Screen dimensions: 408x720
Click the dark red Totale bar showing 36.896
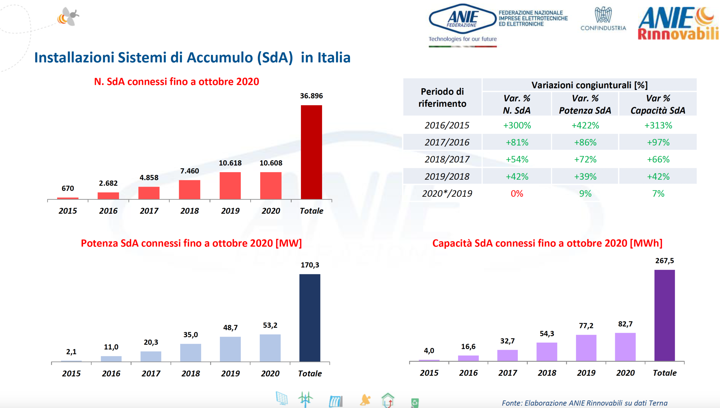click(311, 152)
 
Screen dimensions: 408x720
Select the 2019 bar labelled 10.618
click(230, 185)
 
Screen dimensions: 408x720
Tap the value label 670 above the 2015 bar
click(68, 188)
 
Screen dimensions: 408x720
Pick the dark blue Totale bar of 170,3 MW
click(310, 318)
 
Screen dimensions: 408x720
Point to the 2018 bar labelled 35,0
click(191, 352)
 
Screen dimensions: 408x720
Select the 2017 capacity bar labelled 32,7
click(507, 355)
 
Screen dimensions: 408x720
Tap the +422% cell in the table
click(585, 125)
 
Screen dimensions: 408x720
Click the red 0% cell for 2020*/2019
click(517, 193)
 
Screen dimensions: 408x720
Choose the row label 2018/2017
click(447, 159)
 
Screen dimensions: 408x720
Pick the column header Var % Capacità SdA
click(658, 104)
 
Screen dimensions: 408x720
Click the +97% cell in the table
click(658, 142)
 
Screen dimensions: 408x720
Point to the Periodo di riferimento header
click(442, 97)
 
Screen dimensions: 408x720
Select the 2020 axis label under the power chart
click(270, 373)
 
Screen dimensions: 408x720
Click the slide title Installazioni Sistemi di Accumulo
click(192, 58)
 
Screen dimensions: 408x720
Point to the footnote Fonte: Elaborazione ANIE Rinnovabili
click(584, 403)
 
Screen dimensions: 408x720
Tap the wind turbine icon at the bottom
click(305, 399)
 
